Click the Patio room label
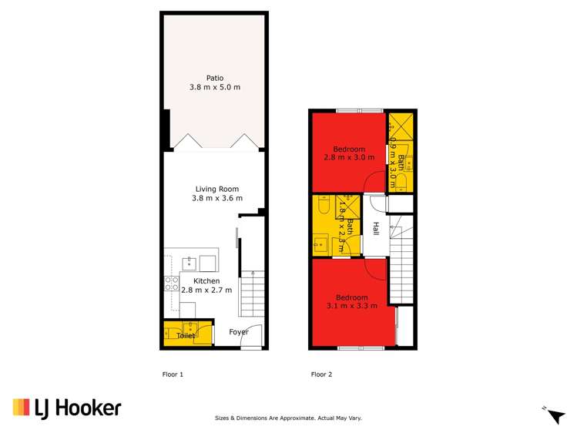coord(215,77)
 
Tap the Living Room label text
coord(216,189)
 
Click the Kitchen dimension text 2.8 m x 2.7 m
coord(206,290)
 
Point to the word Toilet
coord(186,336)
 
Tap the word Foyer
coord(238,332)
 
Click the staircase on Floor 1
coord(252,297)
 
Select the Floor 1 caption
coord(172,375)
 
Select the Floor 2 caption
coord(321,375)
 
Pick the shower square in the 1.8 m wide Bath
coord(349,206)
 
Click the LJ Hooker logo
coord(66,408)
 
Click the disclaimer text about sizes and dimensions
coord(287,418)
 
